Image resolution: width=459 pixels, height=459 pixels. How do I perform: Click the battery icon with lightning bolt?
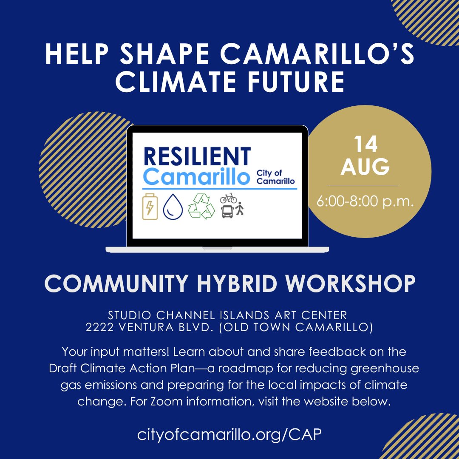tap(150, 206)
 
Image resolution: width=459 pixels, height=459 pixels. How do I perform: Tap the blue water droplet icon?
tap(173, 207)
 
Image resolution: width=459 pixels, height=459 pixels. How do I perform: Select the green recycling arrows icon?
tap(201, 206)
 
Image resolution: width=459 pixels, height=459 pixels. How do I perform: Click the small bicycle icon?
tap(228, 198)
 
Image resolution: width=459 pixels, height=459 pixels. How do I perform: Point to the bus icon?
tap(227, 212)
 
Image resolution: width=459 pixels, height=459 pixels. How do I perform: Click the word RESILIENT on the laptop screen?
tap(197, 156)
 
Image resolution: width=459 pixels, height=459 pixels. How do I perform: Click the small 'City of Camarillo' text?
tap(275, 177)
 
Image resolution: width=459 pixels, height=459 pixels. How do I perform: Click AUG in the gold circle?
tap(365, 167)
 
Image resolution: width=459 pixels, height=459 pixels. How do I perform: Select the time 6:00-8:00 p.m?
tap(365, 201)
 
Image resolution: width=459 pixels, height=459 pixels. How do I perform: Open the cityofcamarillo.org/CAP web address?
tap(229, 434)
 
